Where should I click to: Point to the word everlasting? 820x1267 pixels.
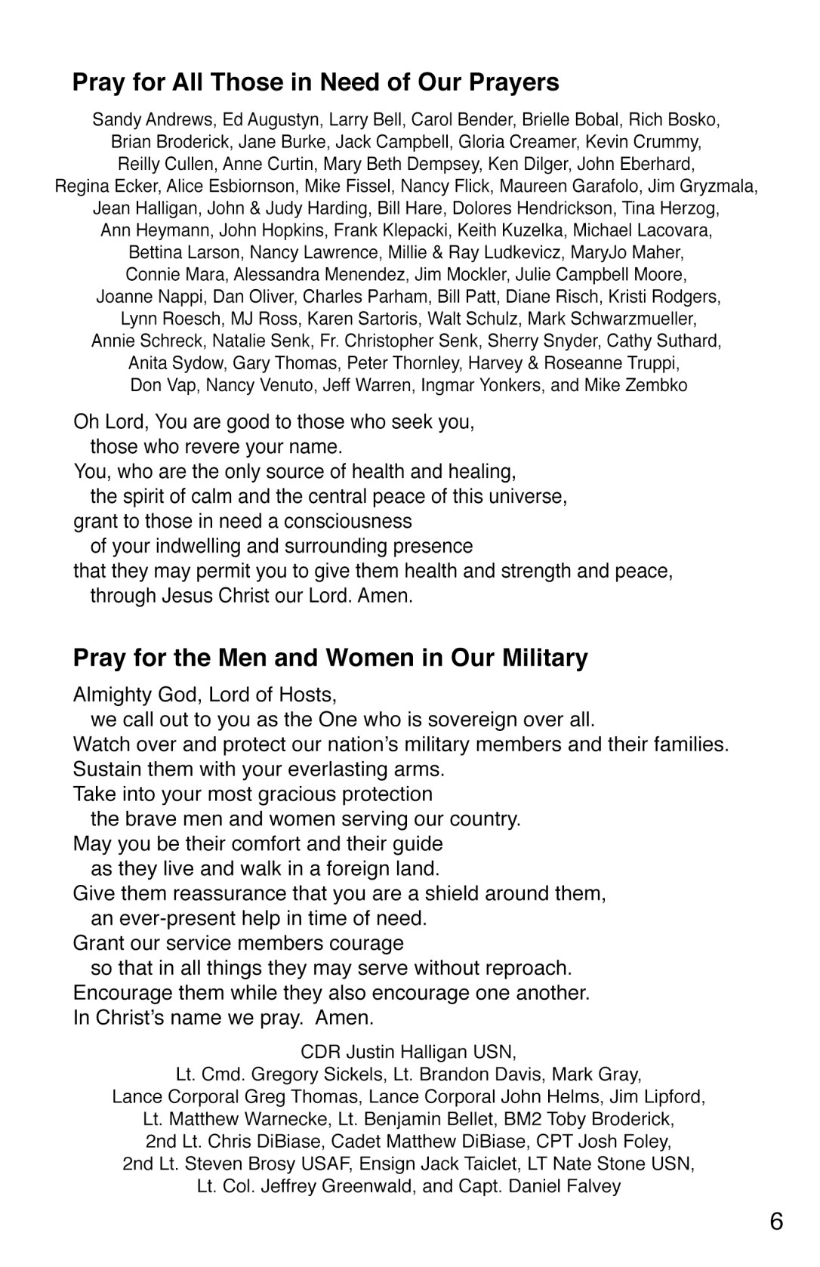pos(322,769)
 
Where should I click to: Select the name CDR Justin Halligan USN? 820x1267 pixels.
pos(408,1052)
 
